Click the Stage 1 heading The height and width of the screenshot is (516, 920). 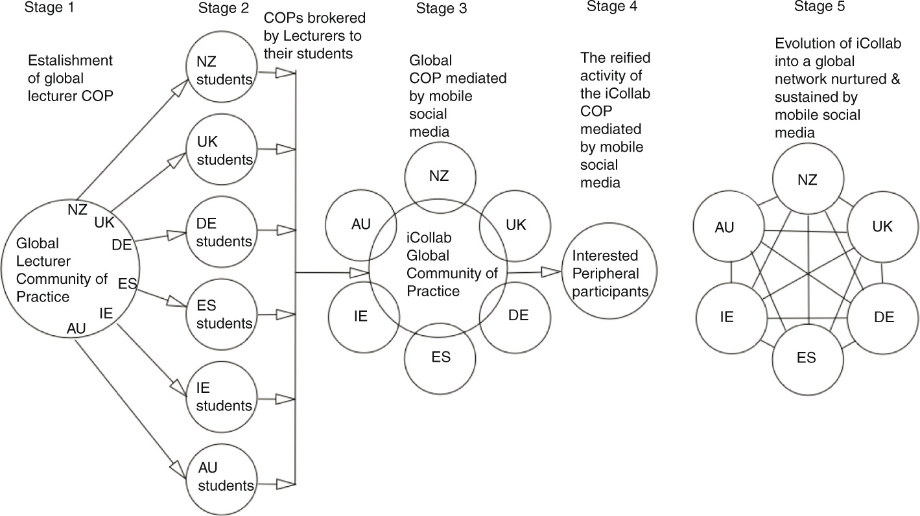(x=45, y=8)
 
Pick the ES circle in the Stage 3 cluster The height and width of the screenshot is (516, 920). (x=440, y=357)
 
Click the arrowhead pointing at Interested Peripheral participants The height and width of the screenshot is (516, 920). (x=553, y=273)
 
